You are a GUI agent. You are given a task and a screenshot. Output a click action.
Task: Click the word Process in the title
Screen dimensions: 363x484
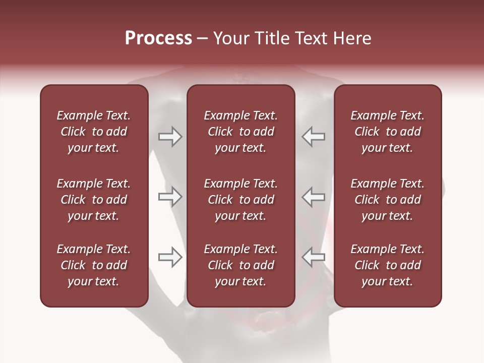158,38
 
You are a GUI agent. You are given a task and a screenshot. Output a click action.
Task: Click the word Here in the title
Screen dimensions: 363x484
351,38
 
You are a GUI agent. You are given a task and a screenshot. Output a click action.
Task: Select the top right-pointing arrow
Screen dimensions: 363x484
170,137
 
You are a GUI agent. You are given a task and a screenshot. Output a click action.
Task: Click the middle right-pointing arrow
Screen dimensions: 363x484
170,197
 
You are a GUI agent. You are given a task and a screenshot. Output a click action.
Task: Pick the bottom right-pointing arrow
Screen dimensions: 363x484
170,257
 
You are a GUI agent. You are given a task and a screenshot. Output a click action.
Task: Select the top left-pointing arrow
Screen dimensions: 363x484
314,137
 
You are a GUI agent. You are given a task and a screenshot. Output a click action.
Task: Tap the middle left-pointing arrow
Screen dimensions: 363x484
314,197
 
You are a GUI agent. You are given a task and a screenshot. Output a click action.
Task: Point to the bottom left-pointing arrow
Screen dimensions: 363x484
314,257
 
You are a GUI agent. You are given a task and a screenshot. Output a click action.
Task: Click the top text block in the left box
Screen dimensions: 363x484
94,132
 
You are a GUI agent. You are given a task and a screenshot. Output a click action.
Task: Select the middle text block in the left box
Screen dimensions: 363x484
94,200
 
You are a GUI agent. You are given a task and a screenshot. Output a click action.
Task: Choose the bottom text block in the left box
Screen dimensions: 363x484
94,265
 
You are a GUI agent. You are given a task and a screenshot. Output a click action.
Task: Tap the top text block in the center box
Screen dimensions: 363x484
241,132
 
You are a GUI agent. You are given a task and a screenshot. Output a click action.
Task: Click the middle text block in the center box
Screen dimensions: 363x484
241,200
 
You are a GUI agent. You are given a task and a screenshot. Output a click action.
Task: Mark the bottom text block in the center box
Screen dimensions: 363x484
241,265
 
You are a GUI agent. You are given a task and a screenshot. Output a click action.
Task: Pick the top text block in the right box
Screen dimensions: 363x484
388,132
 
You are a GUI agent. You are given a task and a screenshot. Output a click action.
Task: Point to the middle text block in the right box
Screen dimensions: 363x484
388,200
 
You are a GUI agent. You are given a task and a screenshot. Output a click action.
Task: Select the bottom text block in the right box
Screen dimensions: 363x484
388,265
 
